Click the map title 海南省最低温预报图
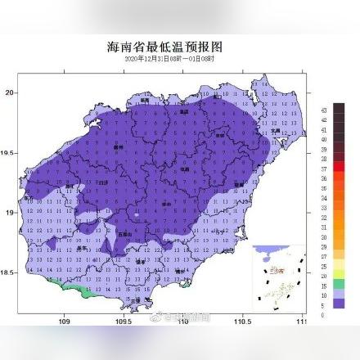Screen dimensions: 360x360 tap(171, 47)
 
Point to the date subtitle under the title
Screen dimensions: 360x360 tap(170, 59)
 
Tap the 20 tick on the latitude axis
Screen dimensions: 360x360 tap(11, 92)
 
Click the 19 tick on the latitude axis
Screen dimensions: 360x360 tap(11, 213)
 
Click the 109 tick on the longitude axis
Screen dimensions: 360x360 tap(65, 322)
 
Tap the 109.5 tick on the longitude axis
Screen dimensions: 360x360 tap(124, 322)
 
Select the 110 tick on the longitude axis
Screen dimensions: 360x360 tap(183, 322)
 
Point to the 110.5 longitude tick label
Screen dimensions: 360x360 tap(243, 322)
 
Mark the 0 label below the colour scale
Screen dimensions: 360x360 tap(324, 314)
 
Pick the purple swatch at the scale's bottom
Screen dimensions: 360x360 tap(339, 303)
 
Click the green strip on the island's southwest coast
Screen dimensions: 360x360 tap(78, 289)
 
